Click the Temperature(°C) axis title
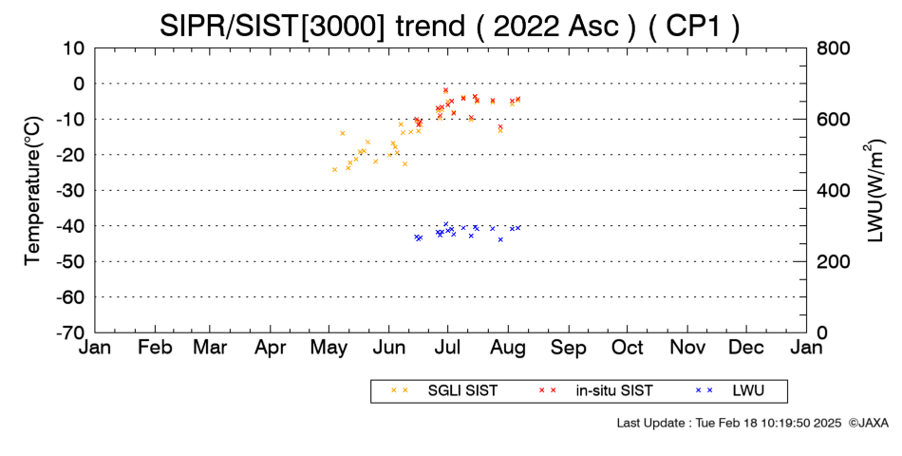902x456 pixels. pyautogui.click(x=33, y=191)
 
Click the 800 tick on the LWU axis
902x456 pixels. pyautogui.click(x=834, y=48)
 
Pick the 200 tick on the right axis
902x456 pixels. pyautogui.click(x=834, y=262)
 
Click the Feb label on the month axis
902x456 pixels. pyautogui.click(x=155, y=348)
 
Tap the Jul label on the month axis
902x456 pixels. pyautogui.click(x=447, y=348)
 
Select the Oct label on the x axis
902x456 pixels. pyautogui.click(x=628, y=348)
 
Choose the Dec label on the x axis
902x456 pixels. pyautogui.click(x=746, y=348)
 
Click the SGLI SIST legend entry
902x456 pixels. pyautogui.click(x=444, y=391)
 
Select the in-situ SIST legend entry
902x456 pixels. pyautogui.click(x=596, y=391)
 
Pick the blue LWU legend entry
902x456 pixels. pyautogui.click(x=729, y=391)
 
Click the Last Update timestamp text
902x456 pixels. pyautogui.click(x=729, y=423)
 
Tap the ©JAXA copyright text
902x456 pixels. pyautogui.click(x=868, y=423)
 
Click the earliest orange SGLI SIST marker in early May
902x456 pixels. pyautogui.click(x=335, y=169)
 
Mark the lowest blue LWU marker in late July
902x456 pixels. pyautogui.click(x=500, y=239)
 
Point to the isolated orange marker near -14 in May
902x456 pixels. pyautogui.click(x=342, y=133)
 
